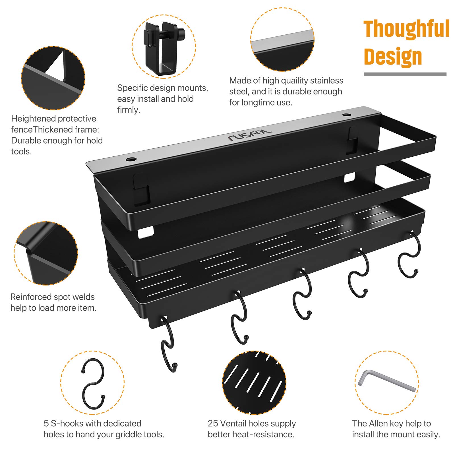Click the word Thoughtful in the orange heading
[406, 29]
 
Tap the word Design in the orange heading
[393, 57]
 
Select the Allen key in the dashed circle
[387, 381]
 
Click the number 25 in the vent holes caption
[213, 423]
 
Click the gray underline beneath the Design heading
[405, 74]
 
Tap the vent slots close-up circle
[254, 382]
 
